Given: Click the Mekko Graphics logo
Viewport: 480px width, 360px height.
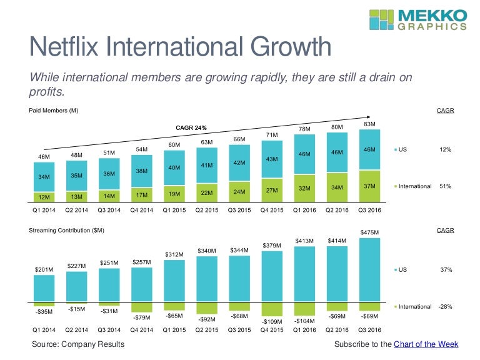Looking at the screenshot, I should tap(417, 19).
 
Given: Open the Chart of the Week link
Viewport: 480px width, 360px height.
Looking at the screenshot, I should tap(426, 344).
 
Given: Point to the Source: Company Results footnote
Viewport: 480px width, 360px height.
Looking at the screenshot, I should tap(78, 344).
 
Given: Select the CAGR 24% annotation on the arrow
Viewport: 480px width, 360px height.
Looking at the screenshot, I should tap(191, 127).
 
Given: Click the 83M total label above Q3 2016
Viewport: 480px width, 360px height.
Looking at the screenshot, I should tap(369, 124).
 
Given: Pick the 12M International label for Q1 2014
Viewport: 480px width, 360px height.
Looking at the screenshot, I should tap(44, 196).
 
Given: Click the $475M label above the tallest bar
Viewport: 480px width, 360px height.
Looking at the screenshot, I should tap(369, 232).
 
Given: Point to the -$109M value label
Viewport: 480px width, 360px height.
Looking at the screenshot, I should tap(272, 323).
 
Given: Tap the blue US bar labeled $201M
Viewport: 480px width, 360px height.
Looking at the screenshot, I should tap(44, 289).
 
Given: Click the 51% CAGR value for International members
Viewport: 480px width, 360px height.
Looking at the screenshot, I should tap(445, 186).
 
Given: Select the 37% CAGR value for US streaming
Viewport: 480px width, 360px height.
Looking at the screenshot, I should tap(445, 270).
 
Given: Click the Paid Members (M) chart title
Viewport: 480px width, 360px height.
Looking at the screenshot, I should tap(54, 110).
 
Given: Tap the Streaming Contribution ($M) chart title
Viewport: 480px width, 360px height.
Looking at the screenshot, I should tap(66, 231).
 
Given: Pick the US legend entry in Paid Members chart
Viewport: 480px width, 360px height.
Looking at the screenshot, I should tap(402, 150).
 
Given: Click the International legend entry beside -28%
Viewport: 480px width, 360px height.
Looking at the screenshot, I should tap(412, 307).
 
